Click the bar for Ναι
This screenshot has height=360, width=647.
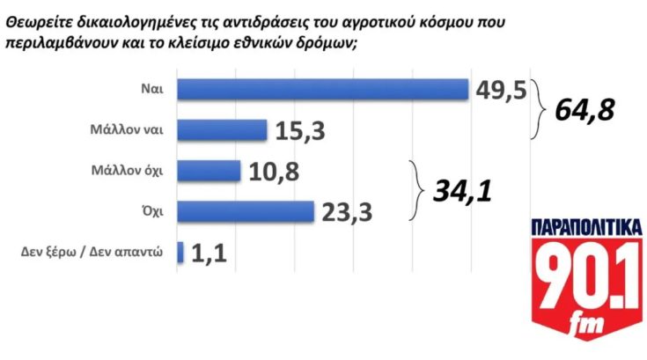[x=322, y=89]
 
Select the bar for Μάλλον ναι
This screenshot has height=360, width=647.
[x=222, y=129]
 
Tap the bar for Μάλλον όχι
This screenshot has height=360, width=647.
[x=209, y=170]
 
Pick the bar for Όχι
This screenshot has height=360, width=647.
[x=246, y=212]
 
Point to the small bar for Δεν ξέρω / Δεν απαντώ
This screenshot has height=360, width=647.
[x=180, y=253]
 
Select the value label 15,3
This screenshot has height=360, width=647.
[x=300, y=130]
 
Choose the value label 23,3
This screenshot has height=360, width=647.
[x=348, y=212]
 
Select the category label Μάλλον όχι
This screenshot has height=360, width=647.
[x=129, y=171]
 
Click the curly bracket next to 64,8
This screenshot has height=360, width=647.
[x=540, y=109]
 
